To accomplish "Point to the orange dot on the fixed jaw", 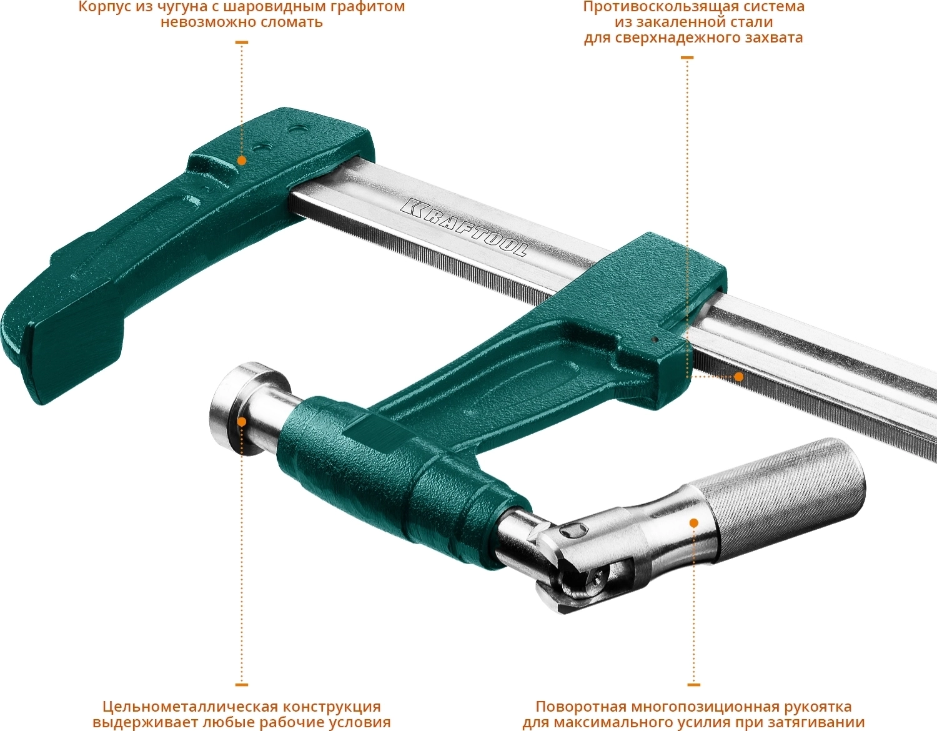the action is [242, 161].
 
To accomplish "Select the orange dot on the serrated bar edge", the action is [739, 377].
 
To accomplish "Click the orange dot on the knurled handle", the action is [694, 523].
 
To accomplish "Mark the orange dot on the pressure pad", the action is [242, 422].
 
